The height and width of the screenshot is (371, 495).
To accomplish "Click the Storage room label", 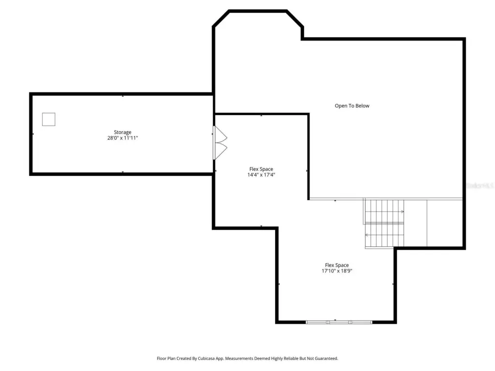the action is pos(122,132).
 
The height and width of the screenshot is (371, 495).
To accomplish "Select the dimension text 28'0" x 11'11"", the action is pos(122,138).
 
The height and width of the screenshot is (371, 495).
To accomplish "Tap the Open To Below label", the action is pos(352,106).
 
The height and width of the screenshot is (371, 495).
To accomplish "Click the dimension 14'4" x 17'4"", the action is pos(261,175).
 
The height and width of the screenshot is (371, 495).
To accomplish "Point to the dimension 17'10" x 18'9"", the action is pos(337,271).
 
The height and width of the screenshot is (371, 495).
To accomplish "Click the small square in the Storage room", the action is pos(49,119).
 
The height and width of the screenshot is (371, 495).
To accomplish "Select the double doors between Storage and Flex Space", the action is pos(220,143).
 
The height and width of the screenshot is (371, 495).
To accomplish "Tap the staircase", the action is pos(384,223).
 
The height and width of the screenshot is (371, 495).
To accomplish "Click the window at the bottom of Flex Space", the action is pos(339,322).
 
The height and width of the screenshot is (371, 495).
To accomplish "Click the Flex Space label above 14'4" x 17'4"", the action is pos(261,169).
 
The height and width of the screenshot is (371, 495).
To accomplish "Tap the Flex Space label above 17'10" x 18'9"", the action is pos(337,265).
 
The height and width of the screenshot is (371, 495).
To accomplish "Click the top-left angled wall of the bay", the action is pos(221,19).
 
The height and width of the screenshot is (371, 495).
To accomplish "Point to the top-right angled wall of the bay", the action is pos(295,19).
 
